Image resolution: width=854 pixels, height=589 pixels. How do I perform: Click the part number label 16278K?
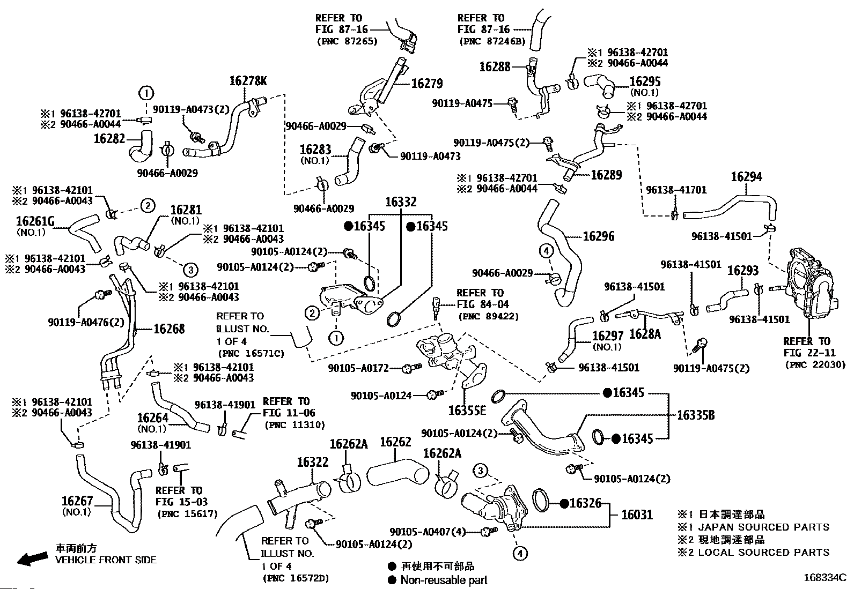click(x=248, y=81)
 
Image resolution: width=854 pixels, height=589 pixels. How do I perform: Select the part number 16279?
click(x=427, y=84)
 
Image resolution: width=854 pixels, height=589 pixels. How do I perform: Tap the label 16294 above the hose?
click(x=746, y=177)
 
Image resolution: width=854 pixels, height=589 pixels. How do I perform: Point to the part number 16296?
click(x=599, y=236)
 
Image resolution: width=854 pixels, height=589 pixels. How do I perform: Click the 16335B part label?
click(x=696, y=415)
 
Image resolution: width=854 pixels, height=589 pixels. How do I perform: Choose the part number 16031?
click(x=637, y=515)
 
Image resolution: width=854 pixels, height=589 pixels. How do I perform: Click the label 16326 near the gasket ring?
click(x=586, y=503)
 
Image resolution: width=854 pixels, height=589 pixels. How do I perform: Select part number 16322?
click(x=312, y=463)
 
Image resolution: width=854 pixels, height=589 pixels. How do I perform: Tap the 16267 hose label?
click(x=77, y=501)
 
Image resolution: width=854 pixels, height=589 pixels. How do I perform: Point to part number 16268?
click(x=169, y=329)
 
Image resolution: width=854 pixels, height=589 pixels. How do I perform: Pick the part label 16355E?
click(x=467, y=411)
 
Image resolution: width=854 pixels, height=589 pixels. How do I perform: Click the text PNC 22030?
click(x=815, y=365)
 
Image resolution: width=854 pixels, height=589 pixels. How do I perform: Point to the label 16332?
click(x=401, y=202)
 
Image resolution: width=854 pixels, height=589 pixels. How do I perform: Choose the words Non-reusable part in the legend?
click(x=444, y=579)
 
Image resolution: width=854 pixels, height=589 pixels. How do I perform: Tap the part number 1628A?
click(x=644, y=334)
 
